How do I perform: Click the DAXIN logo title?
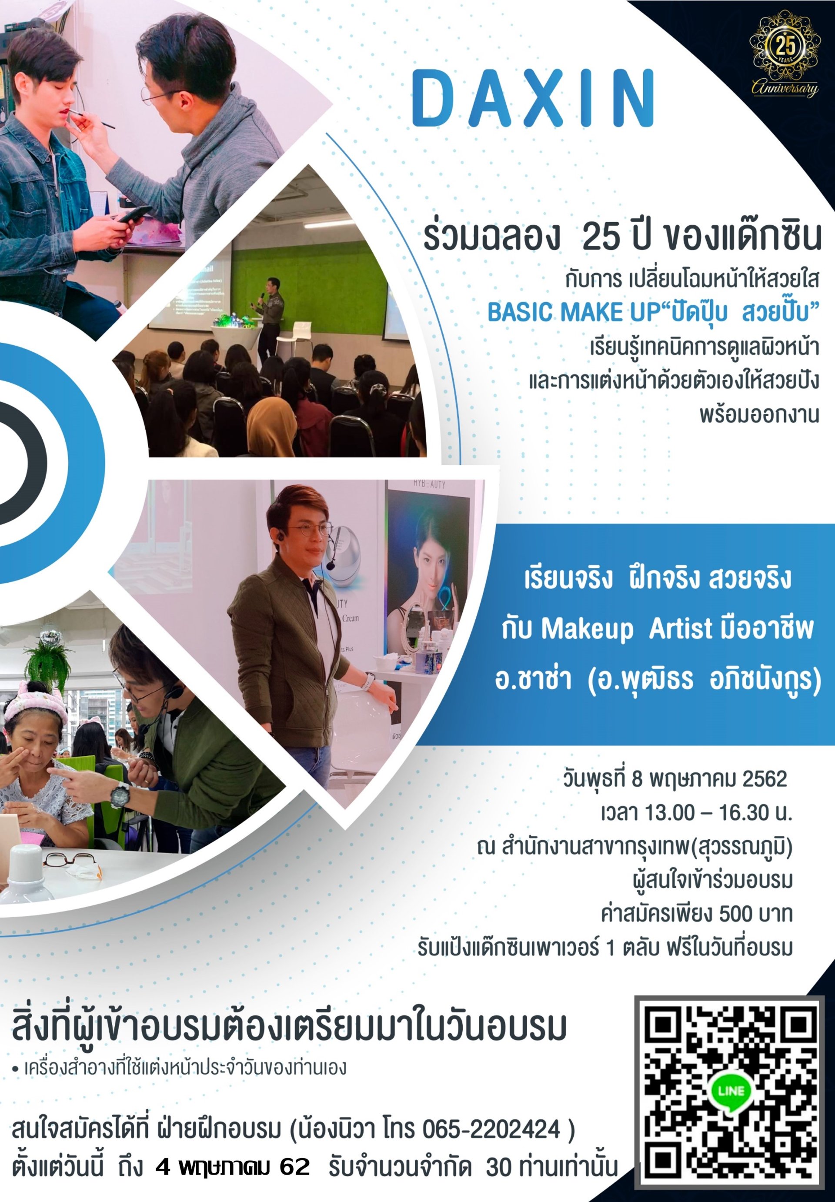point(533,98)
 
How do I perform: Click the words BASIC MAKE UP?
point(573,312)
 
